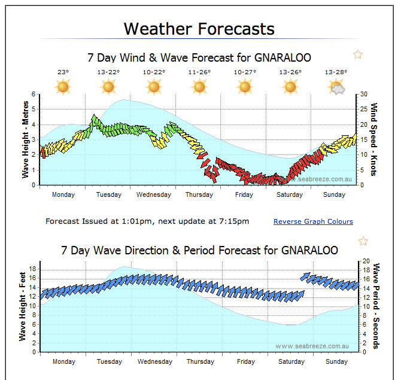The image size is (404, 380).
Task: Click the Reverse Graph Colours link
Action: (313, 221)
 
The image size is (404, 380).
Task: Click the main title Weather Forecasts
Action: (199, 29)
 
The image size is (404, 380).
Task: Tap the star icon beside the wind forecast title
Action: (358, 55)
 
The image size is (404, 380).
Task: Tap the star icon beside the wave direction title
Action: (363, 241)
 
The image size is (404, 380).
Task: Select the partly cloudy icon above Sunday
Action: (337, 87)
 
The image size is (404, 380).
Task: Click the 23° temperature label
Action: (63, 72)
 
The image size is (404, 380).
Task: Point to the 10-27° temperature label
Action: (244, 72)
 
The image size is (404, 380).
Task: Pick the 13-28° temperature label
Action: (336, 72)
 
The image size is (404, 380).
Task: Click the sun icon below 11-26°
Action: (199, 87)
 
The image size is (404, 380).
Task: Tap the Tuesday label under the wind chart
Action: (108, 194)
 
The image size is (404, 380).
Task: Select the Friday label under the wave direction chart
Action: (245, 361)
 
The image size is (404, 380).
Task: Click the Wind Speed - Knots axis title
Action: (374, 139)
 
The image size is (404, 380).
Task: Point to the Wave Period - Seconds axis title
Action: (376, 306)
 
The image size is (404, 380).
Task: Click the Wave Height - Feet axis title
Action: (23, 306)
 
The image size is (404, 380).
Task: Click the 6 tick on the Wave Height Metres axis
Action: (34, 95)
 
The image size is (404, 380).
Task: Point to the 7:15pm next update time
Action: (235, 221)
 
